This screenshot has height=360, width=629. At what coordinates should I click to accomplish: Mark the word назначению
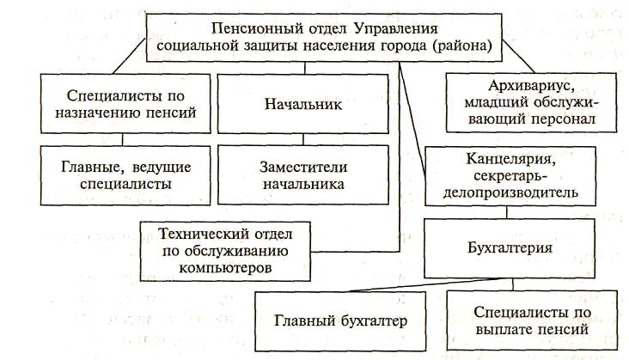click(x=95, y=112)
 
